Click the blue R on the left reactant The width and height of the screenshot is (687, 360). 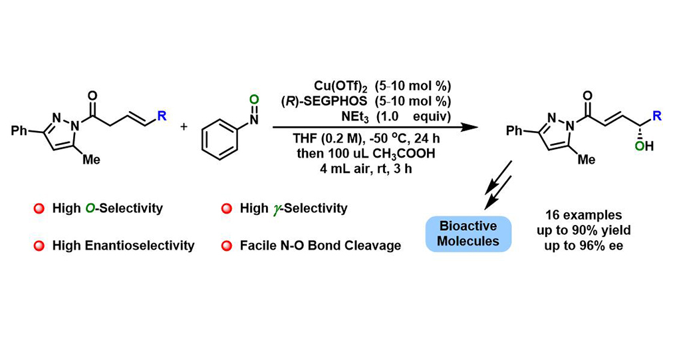tap(162, 116)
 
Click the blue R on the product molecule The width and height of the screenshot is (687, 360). tap(657, 116)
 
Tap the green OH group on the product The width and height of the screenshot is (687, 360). tap(644, 146)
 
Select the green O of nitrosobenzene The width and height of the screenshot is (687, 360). tap(255, 100)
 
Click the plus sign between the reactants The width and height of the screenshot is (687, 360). tap(184, 126)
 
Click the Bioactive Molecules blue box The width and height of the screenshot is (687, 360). tap(468, 234)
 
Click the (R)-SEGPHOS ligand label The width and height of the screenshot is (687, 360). tap(325, 101)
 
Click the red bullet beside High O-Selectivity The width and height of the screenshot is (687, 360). tap(39, 208)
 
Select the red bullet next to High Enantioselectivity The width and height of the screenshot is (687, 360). tap(39, 246)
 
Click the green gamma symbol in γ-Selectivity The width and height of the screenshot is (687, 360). tap(275, 209)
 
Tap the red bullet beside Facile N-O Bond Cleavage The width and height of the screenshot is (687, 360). tap(227, 246)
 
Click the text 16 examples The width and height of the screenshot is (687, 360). tap(584, 216)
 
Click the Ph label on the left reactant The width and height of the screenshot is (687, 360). tap(19, 130)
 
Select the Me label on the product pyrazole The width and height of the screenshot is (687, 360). tap(587, 159)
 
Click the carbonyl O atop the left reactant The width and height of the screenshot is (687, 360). tap(92, 96)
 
